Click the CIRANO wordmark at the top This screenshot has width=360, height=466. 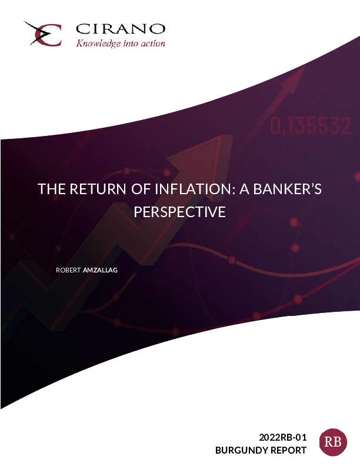point(121,29)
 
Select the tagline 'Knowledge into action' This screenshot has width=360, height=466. point(121,44)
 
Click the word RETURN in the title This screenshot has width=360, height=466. point(98,189)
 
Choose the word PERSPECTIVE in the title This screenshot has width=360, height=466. point(179,212)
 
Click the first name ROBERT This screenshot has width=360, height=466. point(68,270)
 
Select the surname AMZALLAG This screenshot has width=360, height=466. point(100,270)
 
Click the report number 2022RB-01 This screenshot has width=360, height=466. point(282,438)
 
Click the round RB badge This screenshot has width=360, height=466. point(333,442)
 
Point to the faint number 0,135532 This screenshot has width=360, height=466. point(311,126)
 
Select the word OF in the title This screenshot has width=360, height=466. point(141,189)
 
